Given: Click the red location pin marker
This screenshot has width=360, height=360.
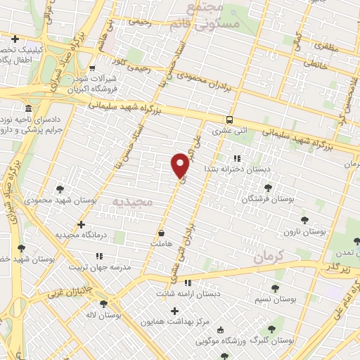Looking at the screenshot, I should pos(180,165).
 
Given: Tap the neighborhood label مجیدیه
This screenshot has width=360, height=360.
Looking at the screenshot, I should pos(133,202).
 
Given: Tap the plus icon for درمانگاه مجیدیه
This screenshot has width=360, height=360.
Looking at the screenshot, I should pos(82,225).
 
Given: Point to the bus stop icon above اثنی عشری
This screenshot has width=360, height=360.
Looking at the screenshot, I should pos(230,120).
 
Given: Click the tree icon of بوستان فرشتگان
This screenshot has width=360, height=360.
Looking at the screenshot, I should pos(268,188).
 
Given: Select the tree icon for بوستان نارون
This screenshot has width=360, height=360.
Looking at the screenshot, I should pos(304,220).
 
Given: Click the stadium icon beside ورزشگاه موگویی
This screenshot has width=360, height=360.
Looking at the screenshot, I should pos(221,330).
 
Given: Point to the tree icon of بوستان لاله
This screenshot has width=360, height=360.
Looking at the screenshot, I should pos(104,304).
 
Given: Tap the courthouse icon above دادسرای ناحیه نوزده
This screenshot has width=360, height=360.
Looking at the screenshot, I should pos(27,109).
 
